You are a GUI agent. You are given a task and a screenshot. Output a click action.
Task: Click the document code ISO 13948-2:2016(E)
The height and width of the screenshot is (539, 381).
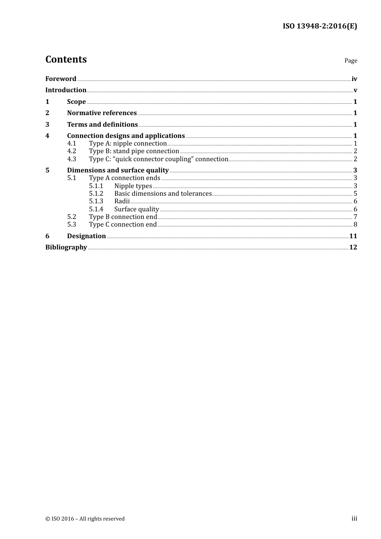coord(320,26)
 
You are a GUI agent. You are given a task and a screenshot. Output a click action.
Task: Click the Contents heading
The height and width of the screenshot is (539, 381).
coord(66,59)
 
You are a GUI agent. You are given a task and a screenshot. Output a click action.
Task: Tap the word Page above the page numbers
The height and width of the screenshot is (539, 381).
coord(351,61)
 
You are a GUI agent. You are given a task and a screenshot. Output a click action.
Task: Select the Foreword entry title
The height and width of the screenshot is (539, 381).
coord(61,79)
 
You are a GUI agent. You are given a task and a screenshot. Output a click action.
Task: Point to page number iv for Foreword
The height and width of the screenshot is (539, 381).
coord(354,79)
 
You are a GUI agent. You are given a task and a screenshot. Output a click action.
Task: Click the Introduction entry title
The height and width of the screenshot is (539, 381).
coord(66,90)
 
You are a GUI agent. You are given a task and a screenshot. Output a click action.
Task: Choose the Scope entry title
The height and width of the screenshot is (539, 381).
coord(76,101)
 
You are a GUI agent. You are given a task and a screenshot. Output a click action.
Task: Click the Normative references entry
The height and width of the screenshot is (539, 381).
coord(102,113)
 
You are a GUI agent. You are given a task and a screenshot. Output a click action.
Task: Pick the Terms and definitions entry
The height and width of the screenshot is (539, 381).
coord(102,124)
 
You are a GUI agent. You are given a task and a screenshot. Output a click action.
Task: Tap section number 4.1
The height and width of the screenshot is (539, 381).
coord(71,143)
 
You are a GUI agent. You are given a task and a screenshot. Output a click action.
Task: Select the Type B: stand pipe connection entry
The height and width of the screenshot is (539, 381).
coord(134,151)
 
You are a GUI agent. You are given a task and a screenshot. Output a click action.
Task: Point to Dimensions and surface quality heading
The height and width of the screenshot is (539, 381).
coord(118,170)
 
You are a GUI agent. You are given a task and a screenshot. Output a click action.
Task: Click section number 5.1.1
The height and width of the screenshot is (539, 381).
coord(96,186)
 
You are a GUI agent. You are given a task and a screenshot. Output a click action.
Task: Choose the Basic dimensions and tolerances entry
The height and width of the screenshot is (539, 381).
coord(163,193)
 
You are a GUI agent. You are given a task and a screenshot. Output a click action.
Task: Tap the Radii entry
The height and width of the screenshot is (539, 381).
coord(122,201)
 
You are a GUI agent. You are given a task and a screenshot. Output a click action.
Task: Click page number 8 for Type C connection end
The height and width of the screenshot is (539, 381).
coord(355,224)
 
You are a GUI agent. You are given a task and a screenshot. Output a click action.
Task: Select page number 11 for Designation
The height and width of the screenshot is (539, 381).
coord(353,236)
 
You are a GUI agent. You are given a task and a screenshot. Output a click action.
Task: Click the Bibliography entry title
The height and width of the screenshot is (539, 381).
coord(66,247)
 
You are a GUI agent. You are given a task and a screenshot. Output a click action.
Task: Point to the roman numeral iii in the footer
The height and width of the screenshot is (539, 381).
coord(354,518)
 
